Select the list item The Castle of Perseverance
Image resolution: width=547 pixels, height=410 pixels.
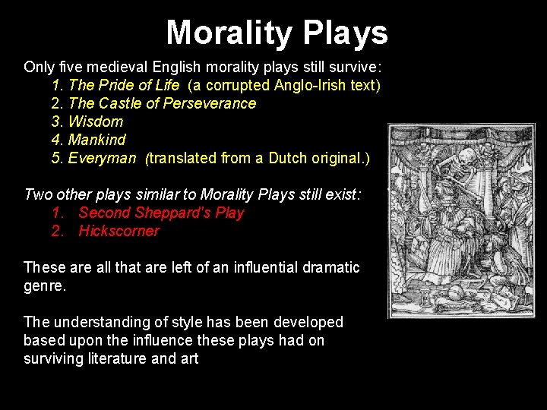(162, 103)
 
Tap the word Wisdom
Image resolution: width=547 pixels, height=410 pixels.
(96, 121)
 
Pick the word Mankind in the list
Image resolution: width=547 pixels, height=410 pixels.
(97, 140)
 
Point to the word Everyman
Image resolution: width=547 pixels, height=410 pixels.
(102, 158)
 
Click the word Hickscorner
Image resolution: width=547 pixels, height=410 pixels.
(119, 231)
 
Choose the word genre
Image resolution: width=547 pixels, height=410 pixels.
(44, 285)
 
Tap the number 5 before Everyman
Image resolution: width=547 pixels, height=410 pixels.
(55, 158)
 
